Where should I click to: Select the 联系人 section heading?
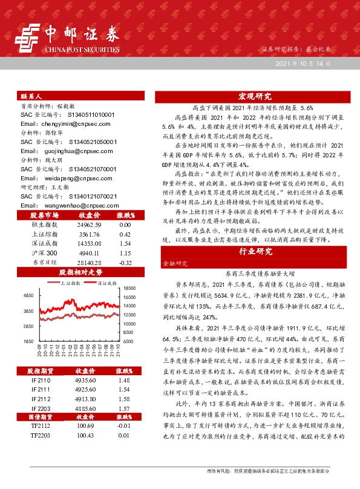[x=31, y=96]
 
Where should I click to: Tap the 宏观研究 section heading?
[x=254, y=96]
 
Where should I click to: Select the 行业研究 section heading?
[x=254, y=251]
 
